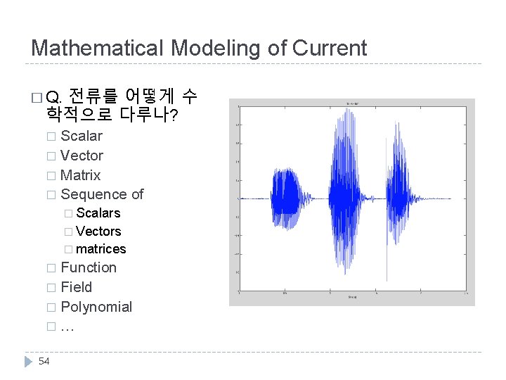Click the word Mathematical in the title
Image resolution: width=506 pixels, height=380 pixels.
tap(94, 48)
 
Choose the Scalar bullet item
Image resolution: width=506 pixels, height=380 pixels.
tap(82, 136)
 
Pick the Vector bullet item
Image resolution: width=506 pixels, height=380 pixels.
tap(82, 156)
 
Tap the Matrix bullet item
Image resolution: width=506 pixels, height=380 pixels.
tap(81, 175)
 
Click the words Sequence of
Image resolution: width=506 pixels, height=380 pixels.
tap(102, 194)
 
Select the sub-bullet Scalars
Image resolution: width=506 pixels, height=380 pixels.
tap(98, 213)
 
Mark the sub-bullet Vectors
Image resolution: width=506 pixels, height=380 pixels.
tap(98, 232)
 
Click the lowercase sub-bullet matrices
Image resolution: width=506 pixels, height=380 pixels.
tap(100, 249)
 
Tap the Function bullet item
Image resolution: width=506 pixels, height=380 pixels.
tap(89, 267)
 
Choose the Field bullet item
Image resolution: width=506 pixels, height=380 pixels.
tap(76, 287)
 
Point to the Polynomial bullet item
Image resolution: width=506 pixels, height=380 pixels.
tap(96, 307)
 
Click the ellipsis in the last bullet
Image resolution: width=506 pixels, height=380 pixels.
tap(67, 327)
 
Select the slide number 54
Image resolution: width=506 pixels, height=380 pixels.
tap(44, 361)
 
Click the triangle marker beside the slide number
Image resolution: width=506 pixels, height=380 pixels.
tap(29, 361)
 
